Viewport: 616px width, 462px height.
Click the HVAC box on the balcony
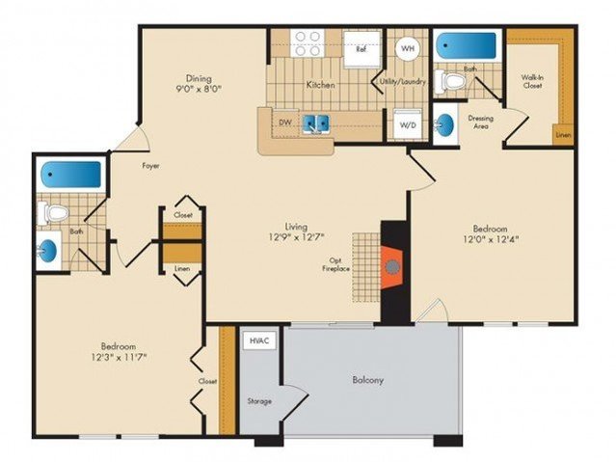coord(259,340)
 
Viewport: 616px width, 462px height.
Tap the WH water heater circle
coord(408,48)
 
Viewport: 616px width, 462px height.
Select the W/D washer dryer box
coord(408,124)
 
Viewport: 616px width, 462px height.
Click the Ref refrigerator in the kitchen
coord(362,49)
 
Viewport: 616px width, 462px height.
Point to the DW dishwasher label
coord(285,122)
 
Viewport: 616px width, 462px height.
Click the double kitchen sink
coord(316,123)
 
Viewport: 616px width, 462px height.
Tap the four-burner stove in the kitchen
coord(308,43)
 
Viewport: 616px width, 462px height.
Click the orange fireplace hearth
coord(391,268)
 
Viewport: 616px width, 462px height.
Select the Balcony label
coord(367,380)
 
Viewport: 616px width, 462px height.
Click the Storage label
coord(259,401)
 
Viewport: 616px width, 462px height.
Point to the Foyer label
coord(150,166)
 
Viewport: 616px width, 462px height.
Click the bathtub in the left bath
coord(71,175)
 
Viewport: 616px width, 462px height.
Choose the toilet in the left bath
coord(53,213)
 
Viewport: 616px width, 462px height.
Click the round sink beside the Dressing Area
coord(444,124)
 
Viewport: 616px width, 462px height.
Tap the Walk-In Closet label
coord(532,81)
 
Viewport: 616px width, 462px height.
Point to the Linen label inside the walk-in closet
coord(563,135)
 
